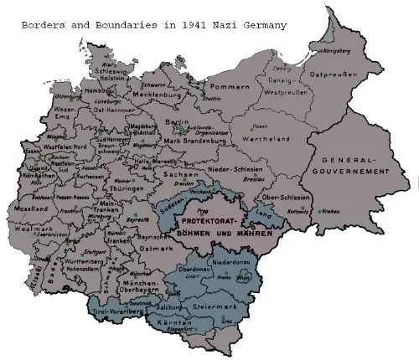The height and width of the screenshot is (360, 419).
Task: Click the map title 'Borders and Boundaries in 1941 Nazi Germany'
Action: pyautogui.click(x=154, y=25)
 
